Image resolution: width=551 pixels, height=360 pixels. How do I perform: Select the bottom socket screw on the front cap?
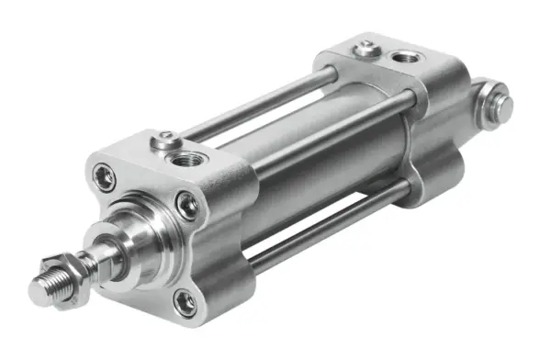coord(186,301)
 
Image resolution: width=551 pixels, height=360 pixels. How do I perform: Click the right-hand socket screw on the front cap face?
coord(187,204)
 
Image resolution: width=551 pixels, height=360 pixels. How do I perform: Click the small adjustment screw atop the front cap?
coord(163,140)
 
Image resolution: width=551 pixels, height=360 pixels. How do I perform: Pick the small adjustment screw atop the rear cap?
coord(366,45)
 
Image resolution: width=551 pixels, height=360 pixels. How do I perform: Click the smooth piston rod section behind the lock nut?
coord(96,257)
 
